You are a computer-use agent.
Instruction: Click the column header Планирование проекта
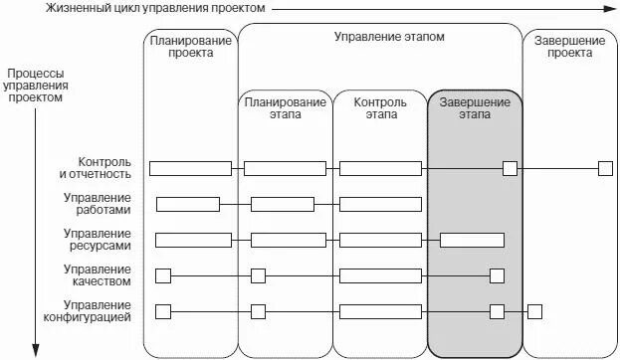tap(191, 48)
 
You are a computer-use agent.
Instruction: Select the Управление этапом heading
tap(388, 36)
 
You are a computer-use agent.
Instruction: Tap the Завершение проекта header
tap(569, 48)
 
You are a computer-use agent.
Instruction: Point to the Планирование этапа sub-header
tap(285, 108)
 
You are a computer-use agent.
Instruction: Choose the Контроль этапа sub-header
tap(379, 108)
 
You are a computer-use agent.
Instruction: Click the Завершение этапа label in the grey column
tap(474, 108)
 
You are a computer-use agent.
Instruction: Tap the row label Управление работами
tap(97, 204)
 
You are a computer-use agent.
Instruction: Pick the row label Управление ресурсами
tap(97, 240)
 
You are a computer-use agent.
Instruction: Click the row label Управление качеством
tap(97, 275)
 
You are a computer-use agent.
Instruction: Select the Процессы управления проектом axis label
tap(36, 86)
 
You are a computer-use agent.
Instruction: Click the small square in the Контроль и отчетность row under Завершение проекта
tap(605, 168)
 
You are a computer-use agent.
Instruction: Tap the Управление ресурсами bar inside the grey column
tap(472, 240)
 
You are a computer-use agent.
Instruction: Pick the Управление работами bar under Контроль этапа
tap(380, 204)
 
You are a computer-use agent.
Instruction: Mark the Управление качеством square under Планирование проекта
tap(163, 275)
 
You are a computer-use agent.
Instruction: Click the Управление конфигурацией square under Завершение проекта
tap(534, 311)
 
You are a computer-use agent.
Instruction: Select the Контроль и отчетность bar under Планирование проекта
tap(190, 168)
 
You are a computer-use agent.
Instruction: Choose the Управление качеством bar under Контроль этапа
tap(380, 275)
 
